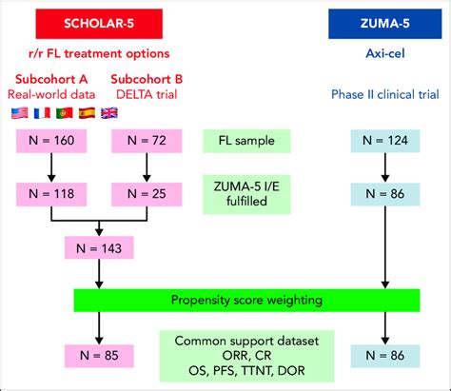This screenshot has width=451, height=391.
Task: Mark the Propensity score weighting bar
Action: point(247,301)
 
